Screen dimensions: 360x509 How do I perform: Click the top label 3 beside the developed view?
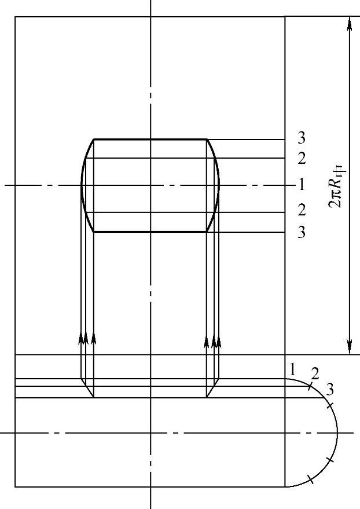(x=302, y=138)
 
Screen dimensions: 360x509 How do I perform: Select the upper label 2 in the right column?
(x=302, y=159)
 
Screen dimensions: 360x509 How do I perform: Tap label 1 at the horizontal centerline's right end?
(x=302, y=184)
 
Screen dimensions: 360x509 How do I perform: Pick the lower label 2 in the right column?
(x=302, y=210)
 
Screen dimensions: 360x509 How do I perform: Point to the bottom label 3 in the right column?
(x=302, y=232)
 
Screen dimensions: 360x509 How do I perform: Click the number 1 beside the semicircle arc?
(x=292, y=370)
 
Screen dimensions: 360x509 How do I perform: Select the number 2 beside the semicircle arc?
(x=315, y=374)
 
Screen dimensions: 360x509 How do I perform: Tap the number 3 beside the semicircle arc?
(x=330, y=389)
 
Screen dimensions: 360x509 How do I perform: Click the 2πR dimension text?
(x=336, y=186)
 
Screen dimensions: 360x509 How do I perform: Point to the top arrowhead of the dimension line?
(x=350, y=23)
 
